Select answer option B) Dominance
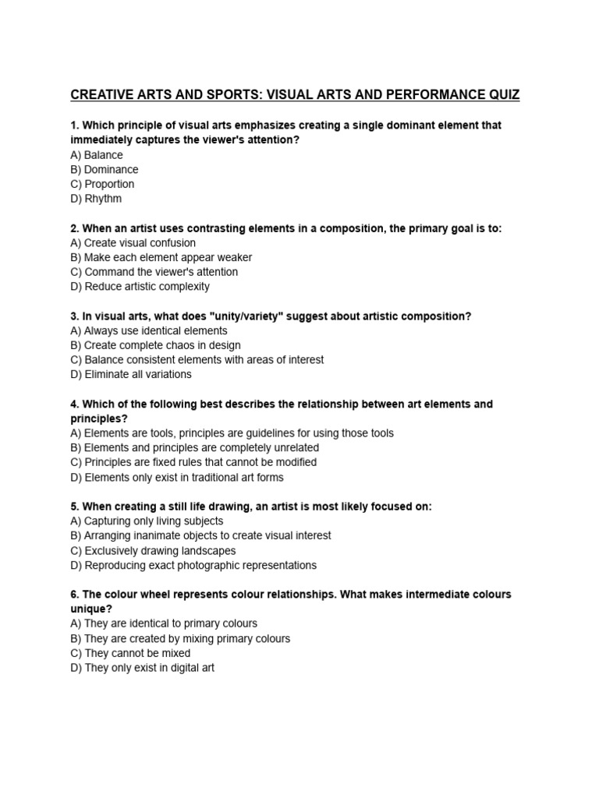[x=104, y=169]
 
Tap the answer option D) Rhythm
[x=96, y=199]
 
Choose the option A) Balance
[x=96, y=155]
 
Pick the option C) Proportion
[x=102, y=184]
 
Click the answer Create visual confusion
[x=133, y=243]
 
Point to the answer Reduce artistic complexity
[x=140, y=286]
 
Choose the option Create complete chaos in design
[x=155, y=345]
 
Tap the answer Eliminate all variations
[x=130, y=374]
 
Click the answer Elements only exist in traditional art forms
[x=176, y=477]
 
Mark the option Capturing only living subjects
[x=147, y=521]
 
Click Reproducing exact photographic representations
[x=193, y=565]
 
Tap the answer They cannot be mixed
[x=130, y=653]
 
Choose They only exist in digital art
[x=142, y=668]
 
